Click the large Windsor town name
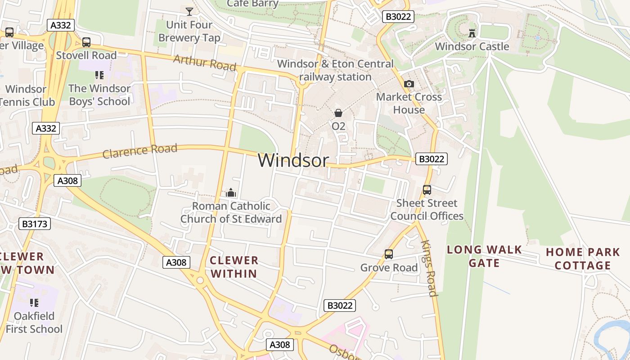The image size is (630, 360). (293, 160)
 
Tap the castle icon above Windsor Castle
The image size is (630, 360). (472, 33)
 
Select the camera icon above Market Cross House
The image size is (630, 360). (409, 84)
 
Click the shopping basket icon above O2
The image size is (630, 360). (338, 113)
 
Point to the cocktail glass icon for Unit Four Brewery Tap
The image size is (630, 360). (189, 11)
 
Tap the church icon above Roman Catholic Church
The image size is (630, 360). (231, 193)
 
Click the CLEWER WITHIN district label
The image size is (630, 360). (234, 266)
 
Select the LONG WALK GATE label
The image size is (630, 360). (484, 256)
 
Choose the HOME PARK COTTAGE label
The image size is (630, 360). (583, 259)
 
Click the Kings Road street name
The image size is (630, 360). (429, 268)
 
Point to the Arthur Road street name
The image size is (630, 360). (204, 63)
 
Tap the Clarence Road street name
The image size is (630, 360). (139, 151)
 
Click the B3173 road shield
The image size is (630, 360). (35, 224)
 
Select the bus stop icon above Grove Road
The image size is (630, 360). (389, 254)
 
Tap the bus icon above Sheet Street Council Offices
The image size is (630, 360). (427, 190)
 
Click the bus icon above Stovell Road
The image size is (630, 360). (86, 42)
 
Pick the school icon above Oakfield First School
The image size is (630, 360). (34, 302)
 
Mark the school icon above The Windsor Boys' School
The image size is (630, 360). (99, 75)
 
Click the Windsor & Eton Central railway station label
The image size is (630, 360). (335, 70)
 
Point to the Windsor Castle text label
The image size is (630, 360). (472, 46)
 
